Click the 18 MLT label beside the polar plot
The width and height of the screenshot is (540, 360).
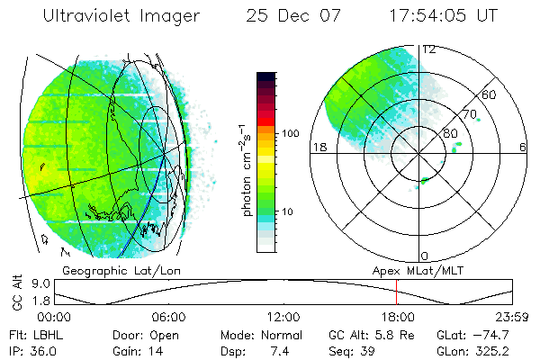(318, 148)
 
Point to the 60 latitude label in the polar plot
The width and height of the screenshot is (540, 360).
(490, 94)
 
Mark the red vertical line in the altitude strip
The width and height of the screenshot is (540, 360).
(396, 292)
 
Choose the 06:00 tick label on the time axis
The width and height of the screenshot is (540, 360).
(168, 317)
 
